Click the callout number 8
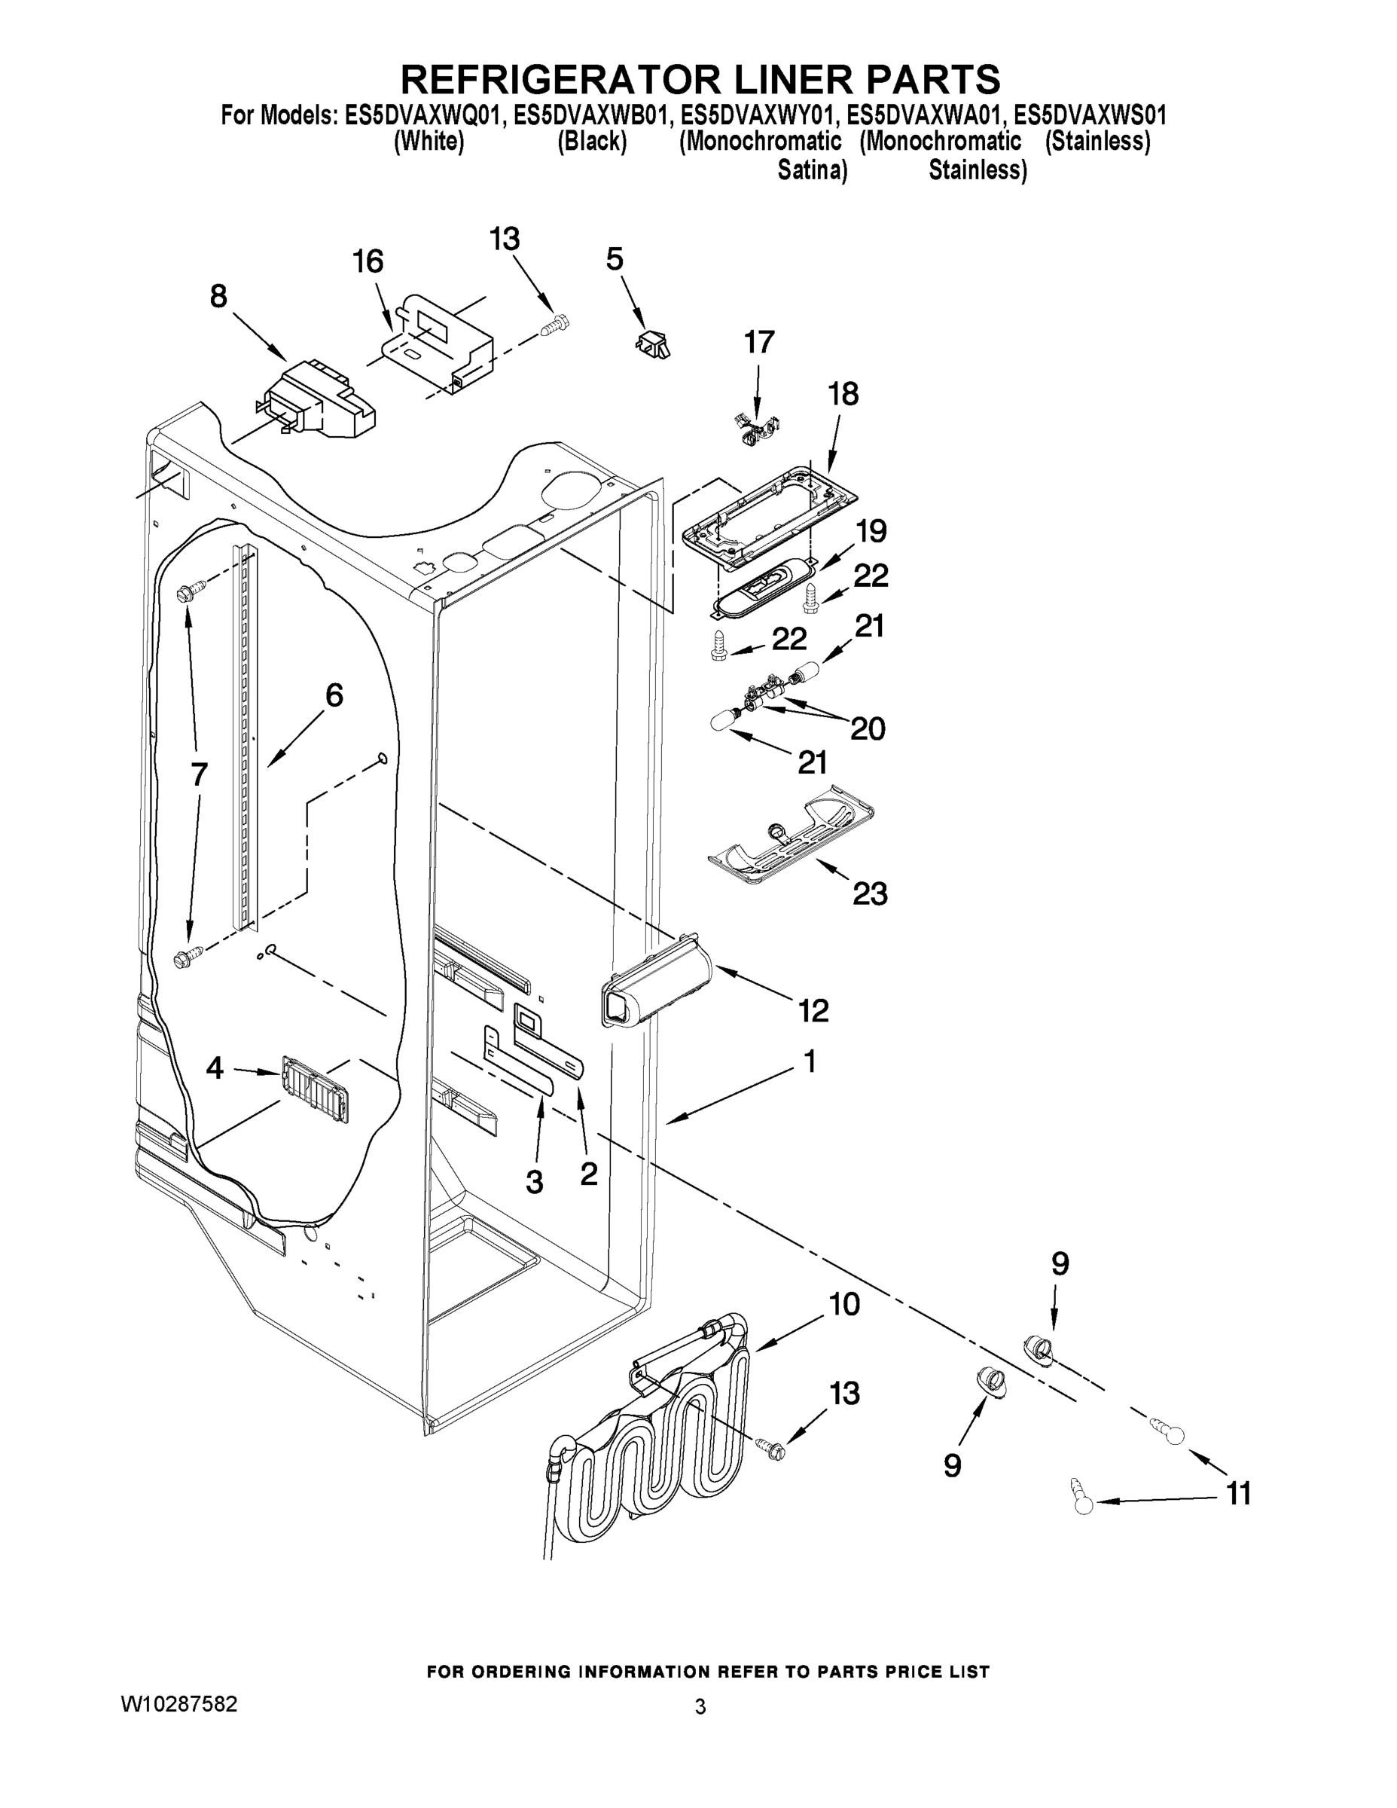point(218,296)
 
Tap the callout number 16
point(368,261)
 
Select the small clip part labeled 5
point(653,342)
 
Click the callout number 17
point(759,342)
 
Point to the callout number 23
point(870,894)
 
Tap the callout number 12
point(813,1010)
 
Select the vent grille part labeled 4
point(316,1089)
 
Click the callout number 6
point(334,695)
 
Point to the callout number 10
point(844,1305)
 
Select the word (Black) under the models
point(592,142)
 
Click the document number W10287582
point(178,1705)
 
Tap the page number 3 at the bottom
point(700,1707)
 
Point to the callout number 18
point(843,394)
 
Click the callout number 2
point(588,1173)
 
